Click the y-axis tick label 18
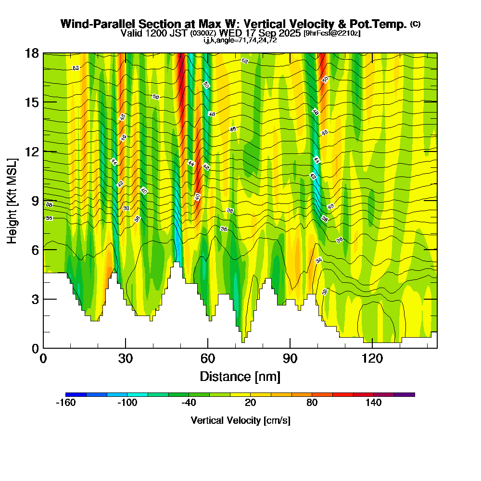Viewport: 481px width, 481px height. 32,53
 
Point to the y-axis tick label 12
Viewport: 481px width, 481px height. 32,152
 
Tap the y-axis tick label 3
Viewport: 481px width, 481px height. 35,299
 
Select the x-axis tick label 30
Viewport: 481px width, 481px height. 126,358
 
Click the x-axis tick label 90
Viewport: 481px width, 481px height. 290,358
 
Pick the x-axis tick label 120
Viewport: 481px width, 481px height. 372,358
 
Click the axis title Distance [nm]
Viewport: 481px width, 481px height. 240,376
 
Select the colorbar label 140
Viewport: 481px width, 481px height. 373,403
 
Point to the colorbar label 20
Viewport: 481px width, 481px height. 250,403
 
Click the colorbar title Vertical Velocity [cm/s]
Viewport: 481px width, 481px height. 240,420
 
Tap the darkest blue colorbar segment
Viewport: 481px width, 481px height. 76,394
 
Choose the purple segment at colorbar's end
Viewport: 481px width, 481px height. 405,394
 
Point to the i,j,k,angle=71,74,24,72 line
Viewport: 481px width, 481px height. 240,40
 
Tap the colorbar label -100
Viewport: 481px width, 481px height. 127,403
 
